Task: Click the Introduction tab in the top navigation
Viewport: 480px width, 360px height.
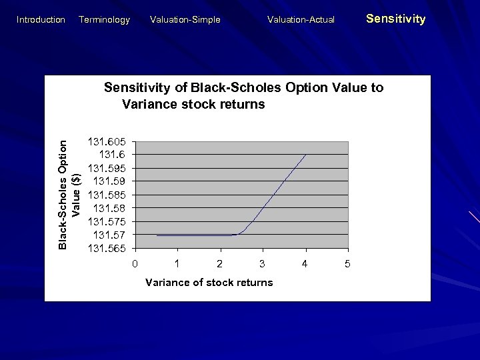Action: pyautogui.click(x=41, y=20)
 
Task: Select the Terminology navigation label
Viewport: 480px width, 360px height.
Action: pyautogui.click(x=104, y=20)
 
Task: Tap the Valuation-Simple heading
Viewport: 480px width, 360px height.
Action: pyautogui.click(x=185, y=20)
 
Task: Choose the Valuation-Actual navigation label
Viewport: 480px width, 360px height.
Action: pyautogui.click(x=301, y=20)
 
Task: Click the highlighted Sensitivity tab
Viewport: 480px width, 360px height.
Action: pyautogui.click(x=395, y=19)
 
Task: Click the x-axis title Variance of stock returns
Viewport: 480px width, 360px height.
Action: pyautogui.click(x=209, y=283)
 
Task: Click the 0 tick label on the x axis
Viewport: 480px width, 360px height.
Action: pyautogui.click(x=135, y=264)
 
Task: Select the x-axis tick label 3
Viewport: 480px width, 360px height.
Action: pyautogui.click(x=262, y=264)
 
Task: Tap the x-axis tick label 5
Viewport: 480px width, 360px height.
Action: pyautogui.click(x=347, y=264)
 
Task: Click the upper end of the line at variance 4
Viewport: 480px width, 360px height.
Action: pyautogui.click(x=305, y=155)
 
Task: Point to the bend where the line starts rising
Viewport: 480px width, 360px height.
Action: pyautogui.click(x=239, y=234)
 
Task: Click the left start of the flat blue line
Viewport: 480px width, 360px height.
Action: pyautogui.click(x=157, y=235)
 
